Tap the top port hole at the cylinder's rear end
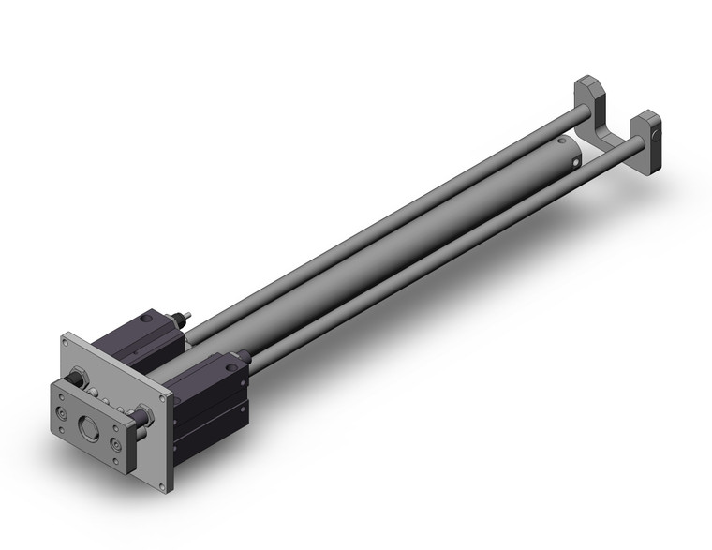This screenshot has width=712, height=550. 561,143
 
